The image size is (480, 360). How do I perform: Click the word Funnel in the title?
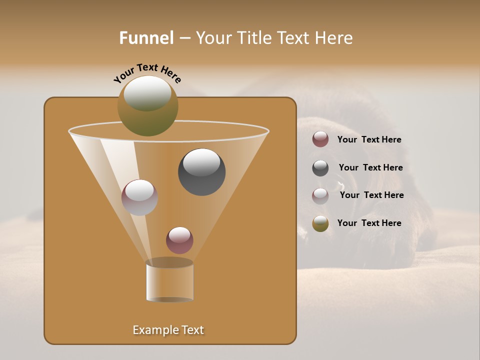(x=146, y=38)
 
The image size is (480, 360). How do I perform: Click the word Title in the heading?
(x=255, y=38)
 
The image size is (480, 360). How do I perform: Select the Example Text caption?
(x=168, y=330)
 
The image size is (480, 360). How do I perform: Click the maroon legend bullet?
(x=320, y=139)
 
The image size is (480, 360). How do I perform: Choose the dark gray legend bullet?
(x=320, y=168)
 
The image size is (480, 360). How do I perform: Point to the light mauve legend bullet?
(x=320, y=195)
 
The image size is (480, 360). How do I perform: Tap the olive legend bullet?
(x=320, y=223)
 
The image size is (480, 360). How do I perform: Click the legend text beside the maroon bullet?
(x=369, y=140)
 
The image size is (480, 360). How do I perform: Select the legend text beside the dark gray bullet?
(x=370, y=167)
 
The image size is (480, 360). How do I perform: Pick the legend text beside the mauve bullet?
(x=371, y=195)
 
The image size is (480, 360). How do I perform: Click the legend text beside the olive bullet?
(x=369, y=223)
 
